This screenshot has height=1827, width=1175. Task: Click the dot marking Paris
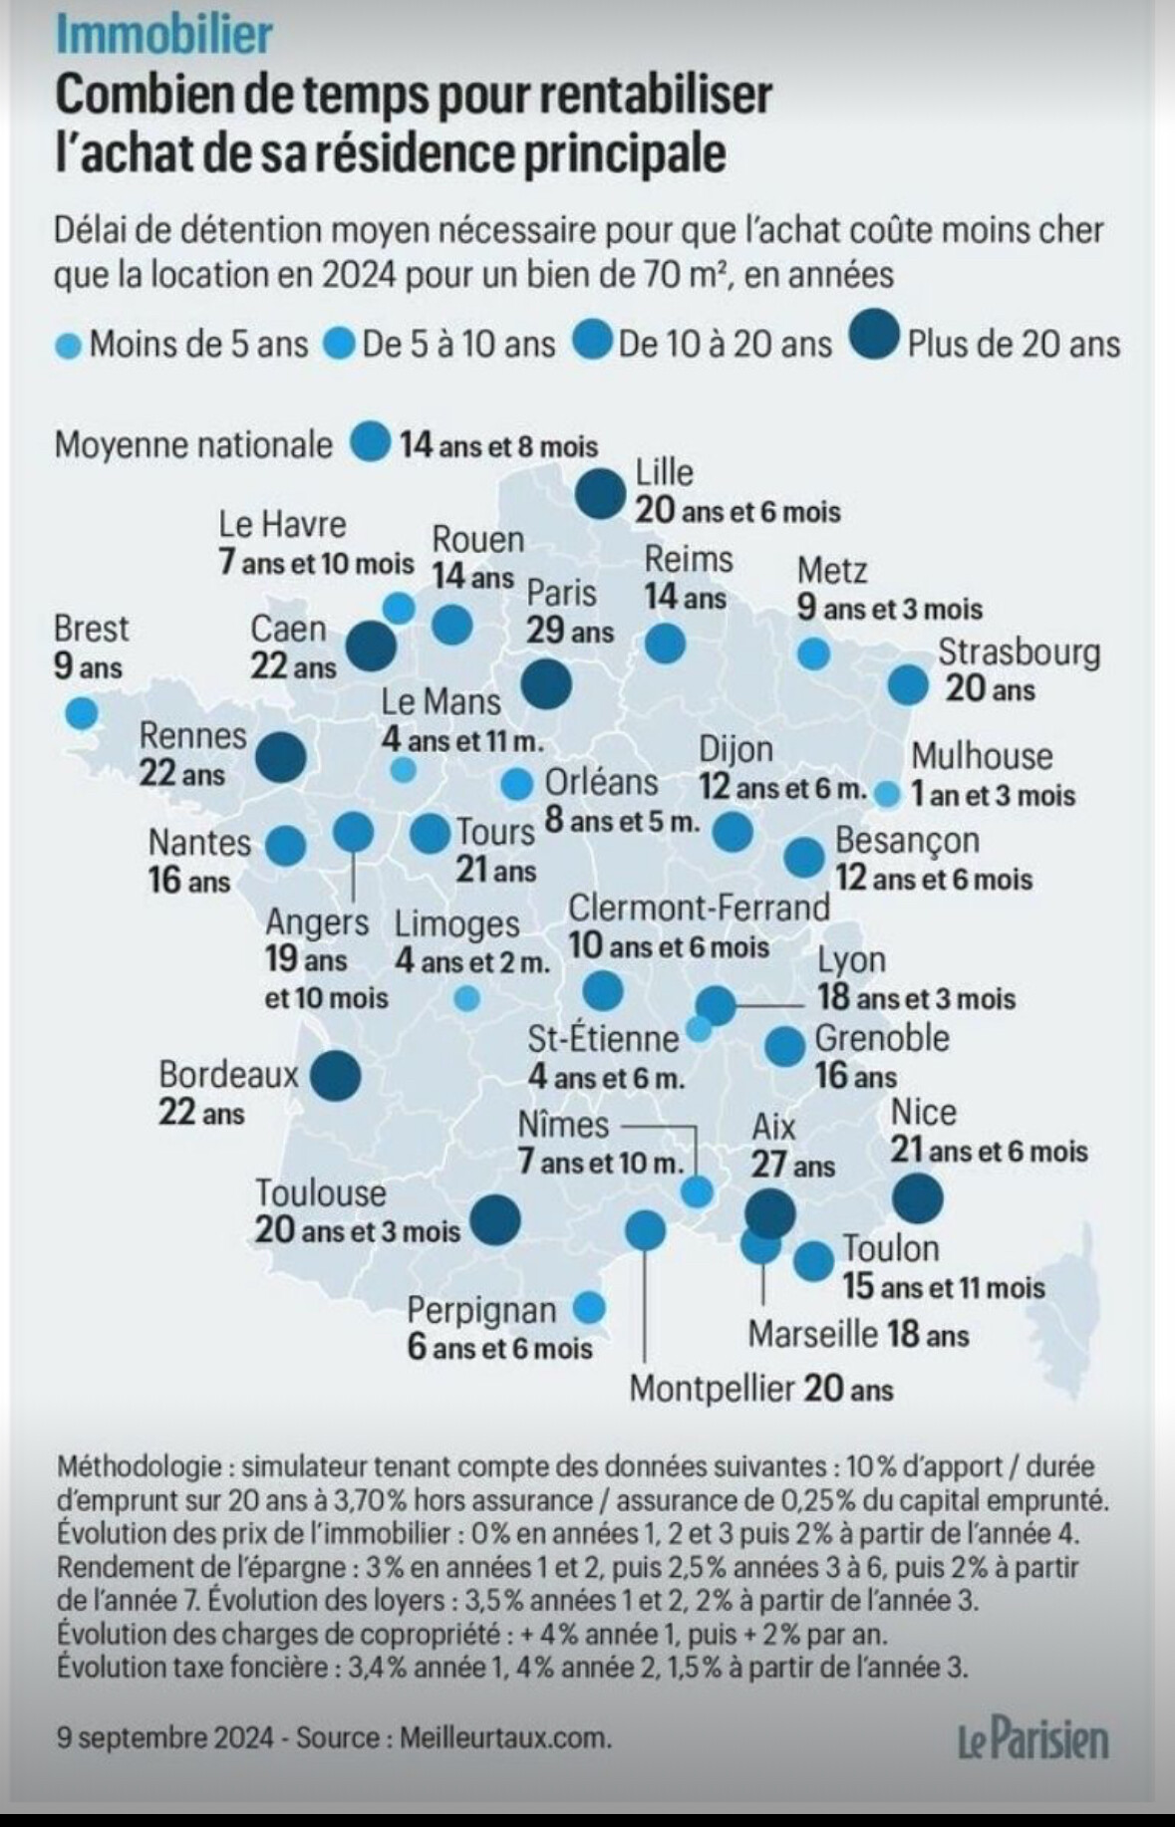pyautogui.click(x=546, y=683)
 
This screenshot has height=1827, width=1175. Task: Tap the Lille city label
pyautogui.click(x=664, y=472)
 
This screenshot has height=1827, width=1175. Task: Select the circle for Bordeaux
pyautogui.click(x=335, y=1076)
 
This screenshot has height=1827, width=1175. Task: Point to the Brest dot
pyautogui.click(x=81, y=713)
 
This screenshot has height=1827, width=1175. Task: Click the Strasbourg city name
pyautogui.click(x=1019, y=652)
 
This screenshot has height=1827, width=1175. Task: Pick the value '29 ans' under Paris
pyautogui.click(x=570, y=632)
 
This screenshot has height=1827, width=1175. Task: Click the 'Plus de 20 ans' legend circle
pyautogui.click(x=875, y=342)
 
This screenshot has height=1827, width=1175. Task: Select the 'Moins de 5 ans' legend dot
pyautogui.click(x=68, y=347)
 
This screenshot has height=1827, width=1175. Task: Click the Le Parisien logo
pyautogui.click(x=1032, y=1738)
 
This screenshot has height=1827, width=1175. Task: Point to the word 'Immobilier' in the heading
pyautogui.click(x=163, y=36)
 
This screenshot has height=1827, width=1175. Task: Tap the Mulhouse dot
pyautogui.click(x=887, y=794)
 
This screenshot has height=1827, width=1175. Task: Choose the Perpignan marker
pyautogui.click(x=589, y=1307)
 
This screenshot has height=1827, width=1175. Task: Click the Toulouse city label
pyautogui.click(x=320, y=1192)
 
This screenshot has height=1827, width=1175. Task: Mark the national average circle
pyautogui.click(x=370, y=442)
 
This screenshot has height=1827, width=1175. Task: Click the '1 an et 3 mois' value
pyautogui.click(x=993, y=796)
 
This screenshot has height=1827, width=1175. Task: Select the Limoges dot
pyautogui.click(x=465, y=997)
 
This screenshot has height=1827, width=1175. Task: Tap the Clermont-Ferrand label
pyautogui.click(x=699, y=908)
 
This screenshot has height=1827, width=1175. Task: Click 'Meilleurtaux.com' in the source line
pyautogui.click(x=505, y=1737)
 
